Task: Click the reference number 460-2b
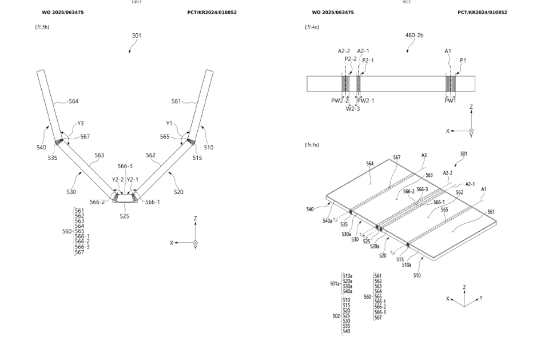pyautogui.click(x=414, y=35)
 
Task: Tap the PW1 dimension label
pyautogui.click(x=450, y=100)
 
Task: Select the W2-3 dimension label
pyautogui.click(x=353, y=108)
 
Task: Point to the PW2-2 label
pyautogui.click(x=340, y=100)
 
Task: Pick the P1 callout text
pyautogui.click(x=463, y=60)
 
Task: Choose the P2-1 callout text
pyautogui.click(x=368, y=60)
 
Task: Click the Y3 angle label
pyautogui.click(x=81, y=122)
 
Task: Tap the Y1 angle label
pyautogui.click(x=169, y=122)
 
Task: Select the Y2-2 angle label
pyautogui.click(x=118, y=179)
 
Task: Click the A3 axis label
pyautogui.click(x=424, y=155)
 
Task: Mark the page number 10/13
pyautogui.click(x=136, y=2)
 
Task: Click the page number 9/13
pyautogui.click(x=406, y=2)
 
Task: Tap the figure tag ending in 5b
pyautogui.click(x=42, y=27)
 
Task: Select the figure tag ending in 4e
pyautogui.click(x=312, y=27)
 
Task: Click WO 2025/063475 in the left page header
pyautogui.click(x=63, y=12)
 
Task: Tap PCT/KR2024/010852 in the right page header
pyautogui.click(x=482, y=12)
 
